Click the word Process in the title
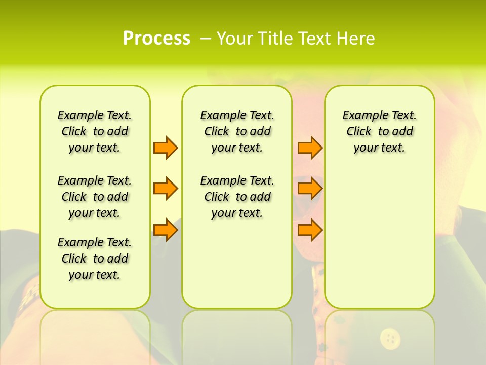pyautogui.click(x=156, y=39)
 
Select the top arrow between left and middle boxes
pyautogui.click(x=166, y=148)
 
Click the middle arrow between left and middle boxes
pyautogui.click(x=166, y=189)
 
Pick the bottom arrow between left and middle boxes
pyautogui.click(x=166, y=230)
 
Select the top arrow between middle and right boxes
pyautogui.click(x=310, y=148)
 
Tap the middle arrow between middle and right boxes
pyautogui.click(x=310, y=189)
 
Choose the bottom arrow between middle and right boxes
pyautogui.click(x=310, y=230)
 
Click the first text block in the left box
pyautogui.click(x=95, y=131)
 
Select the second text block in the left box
pyautogui.click(x=95, y=197)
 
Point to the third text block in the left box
pyautogui.click(x=95, y=259)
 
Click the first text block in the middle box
pyautogui.click(x=237, y=131)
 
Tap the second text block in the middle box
pyautogui.click(x=237, y=197)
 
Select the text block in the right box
pyautogui.click(x=379, y=131)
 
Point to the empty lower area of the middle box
pyautogui.click(x=237, y=264)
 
